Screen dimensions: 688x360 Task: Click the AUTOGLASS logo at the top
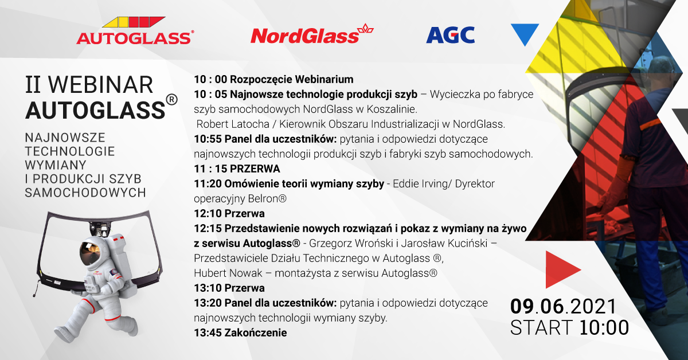click(135, 31)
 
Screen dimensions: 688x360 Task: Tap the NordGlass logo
click(312, 33)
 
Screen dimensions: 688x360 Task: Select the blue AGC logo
click(450, 35)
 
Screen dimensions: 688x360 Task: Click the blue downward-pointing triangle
click(525, 33)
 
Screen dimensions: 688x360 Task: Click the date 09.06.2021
click(563, 307)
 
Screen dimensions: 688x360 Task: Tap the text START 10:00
click(569, 328)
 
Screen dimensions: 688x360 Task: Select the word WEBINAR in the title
click(101, 85)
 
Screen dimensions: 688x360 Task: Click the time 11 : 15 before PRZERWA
click(210, 169)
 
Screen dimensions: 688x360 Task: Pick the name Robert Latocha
click(233, 124)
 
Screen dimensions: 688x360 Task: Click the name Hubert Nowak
click(228, 273)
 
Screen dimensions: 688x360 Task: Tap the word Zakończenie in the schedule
click(256, 332)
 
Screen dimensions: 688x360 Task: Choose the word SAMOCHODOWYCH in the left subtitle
click(85, 193)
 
